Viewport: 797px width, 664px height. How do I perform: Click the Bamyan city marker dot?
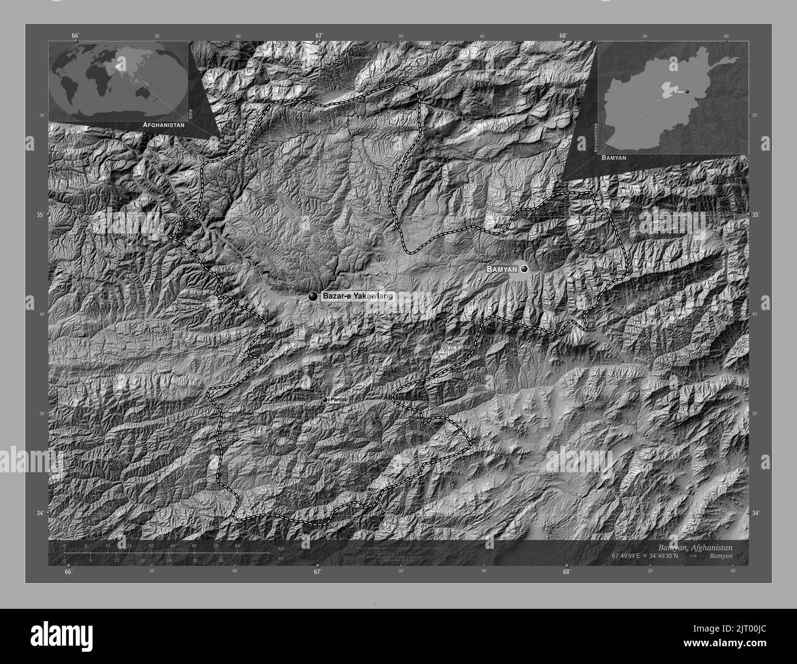click(x=524, y=269)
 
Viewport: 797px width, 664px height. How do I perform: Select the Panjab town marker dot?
click(x=325, y=400)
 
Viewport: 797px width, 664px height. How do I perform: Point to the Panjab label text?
click(x=339, y=399)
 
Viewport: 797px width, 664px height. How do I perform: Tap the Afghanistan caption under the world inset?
click(x=163, y=124)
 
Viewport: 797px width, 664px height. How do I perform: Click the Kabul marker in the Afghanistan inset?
click(x=687, y=92)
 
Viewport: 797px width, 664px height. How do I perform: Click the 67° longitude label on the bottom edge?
click(x=317, y=572)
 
